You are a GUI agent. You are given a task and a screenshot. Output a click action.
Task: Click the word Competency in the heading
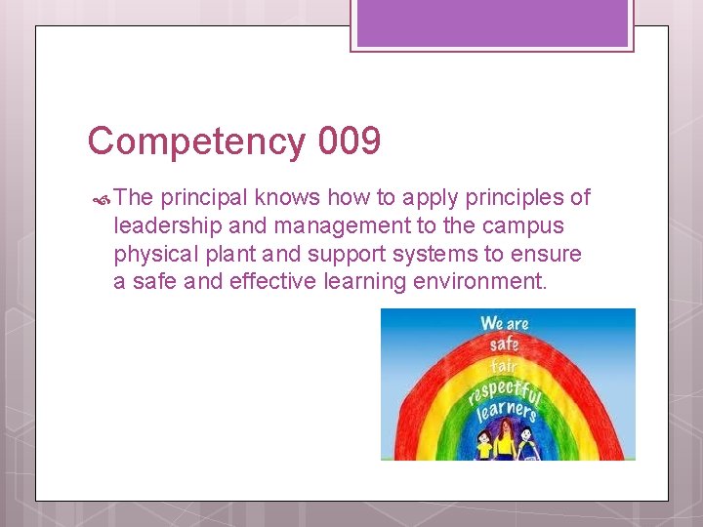coord(196,142)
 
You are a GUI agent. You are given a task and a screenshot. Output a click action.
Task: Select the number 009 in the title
coord(349,142)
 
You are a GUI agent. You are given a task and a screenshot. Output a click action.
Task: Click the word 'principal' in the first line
coord(204,198)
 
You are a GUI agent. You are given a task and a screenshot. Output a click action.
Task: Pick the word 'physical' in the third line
coord(152,255)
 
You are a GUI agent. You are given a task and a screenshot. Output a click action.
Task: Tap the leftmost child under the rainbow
coord(484,446)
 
